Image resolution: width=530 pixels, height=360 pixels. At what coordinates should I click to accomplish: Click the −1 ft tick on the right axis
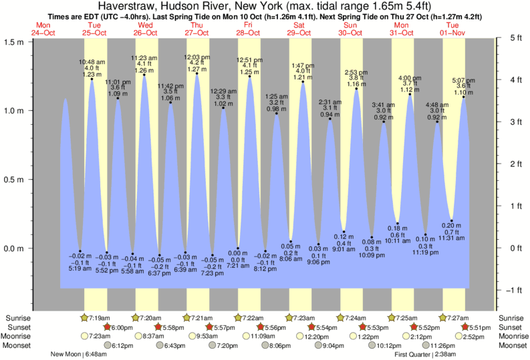click(x=511, y=290)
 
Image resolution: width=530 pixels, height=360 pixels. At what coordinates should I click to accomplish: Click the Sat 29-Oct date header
click(x=299, y=29)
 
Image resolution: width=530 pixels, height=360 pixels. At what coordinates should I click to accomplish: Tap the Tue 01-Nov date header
click(x=453, y=29)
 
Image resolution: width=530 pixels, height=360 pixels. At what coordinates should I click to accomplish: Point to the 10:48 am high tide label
click(x=92, y=67)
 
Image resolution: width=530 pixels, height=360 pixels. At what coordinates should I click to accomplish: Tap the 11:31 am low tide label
click(x=452, y=238)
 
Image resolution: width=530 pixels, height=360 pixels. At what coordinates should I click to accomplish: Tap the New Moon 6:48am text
click(x=81, y=354)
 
